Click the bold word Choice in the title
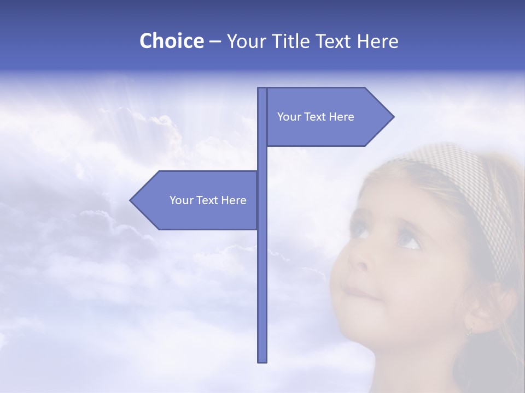[171, 41]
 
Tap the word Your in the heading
[246, 41]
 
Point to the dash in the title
[215, 41]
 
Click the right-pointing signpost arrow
[328, 116]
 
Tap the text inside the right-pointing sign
[316, 117]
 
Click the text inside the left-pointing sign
[208, 200]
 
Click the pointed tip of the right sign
[392, 116]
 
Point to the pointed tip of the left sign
[131, 200]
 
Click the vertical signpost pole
[262, 273]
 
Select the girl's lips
[361, 293]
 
